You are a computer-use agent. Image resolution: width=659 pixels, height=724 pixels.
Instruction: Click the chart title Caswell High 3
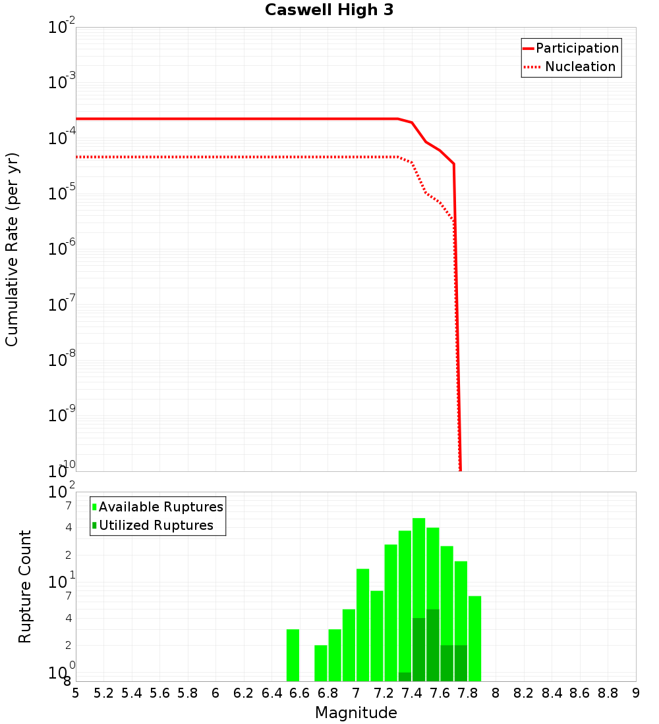pyautogui.click(x=329, y=11)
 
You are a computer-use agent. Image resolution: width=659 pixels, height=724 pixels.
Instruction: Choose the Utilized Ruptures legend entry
pyautogui.click(x=156, y=526)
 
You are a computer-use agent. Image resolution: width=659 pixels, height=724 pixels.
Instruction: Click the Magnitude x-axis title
pyautogui.click(x=356, y=713)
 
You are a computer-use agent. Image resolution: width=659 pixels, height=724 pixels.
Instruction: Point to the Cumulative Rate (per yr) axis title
pyautogui.click(x=12, y=249)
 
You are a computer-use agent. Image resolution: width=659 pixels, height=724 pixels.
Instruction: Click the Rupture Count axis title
pyautogui.click(x=25, y=586)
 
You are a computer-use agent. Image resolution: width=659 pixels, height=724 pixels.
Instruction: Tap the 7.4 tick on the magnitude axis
pyautogui.click(x=412, y=694)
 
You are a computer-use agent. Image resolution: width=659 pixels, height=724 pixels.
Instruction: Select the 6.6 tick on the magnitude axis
pyautogui.click(x=300, y=694)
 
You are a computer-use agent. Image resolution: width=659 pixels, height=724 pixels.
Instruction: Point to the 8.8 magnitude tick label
pyautogui.click(x=608, y=694)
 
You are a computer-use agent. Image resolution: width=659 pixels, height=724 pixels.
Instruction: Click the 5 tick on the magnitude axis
pyautogui.click(x=76, y=694)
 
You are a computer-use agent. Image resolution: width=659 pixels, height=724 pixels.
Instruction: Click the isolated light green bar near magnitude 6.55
pyautogui.click(x=293, y=655)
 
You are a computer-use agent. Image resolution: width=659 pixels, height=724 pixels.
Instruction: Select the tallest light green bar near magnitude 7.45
pyautogui.click(x=418, y=566)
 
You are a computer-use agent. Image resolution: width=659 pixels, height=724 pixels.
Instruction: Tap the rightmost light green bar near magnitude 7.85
pyautogui.click(x=474, y=638)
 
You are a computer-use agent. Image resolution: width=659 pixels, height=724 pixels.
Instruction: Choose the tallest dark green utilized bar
pyautogui.click(x=432, y=645)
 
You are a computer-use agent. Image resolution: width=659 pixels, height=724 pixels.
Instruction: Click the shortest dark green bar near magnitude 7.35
pyautogui.click(x=405, y=677)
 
